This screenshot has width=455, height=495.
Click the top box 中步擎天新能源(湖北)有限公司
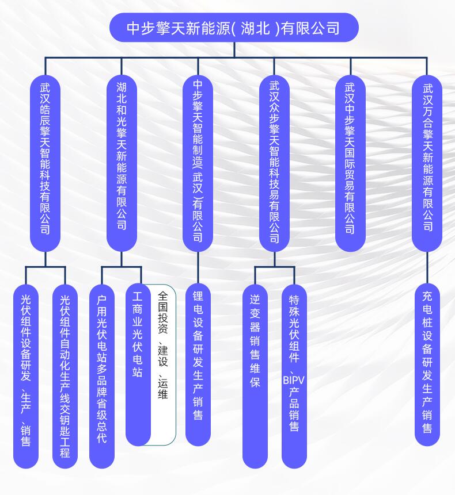point(234,28)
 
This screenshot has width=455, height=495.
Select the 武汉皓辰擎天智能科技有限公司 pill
point(45,163)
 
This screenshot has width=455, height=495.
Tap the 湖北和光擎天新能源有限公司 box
point(122,163)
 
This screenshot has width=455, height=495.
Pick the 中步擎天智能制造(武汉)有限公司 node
point(198,163)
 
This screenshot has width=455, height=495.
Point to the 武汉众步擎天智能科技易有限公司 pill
point(275,163)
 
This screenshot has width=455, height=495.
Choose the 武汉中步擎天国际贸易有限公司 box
point(350,163)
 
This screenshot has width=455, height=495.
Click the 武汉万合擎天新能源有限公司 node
point(427,163)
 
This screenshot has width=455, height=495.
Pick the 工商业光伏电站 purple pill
point(138,364)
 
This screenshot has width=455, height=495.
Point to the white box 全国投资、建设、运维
point(163,364)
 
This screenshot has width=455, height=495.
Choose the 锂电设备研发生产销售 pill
point(198,364)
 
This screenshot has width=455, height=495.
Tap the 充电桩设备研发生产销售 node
point(427,364)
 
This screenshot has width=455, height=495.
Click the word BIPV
point(294,380)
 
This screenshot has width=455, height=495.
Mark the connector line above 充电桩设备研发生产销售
point(427,268)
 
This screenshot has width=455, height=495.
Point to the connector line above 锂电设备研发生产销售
point(198,268)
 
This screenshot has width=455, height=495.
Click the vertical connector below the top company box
point(234,49)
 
